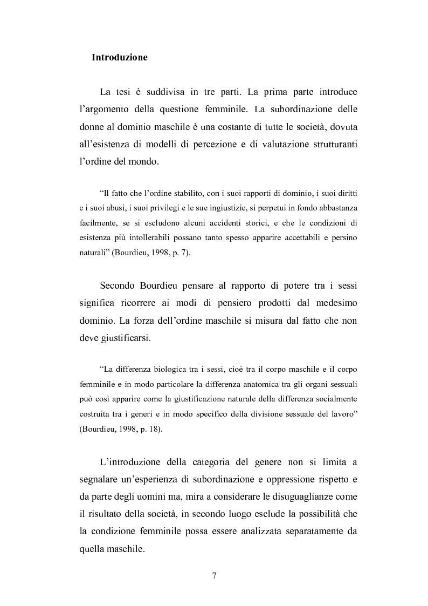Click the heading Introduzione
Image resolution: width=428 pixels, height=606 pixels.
tap(120, 57)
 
